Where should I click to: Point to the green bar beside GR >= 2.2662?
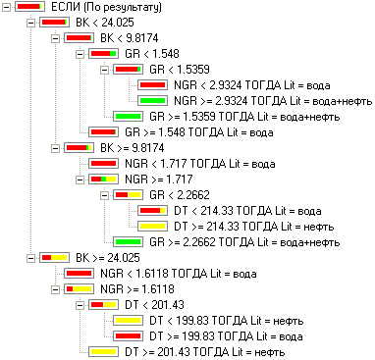point(128,242)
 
